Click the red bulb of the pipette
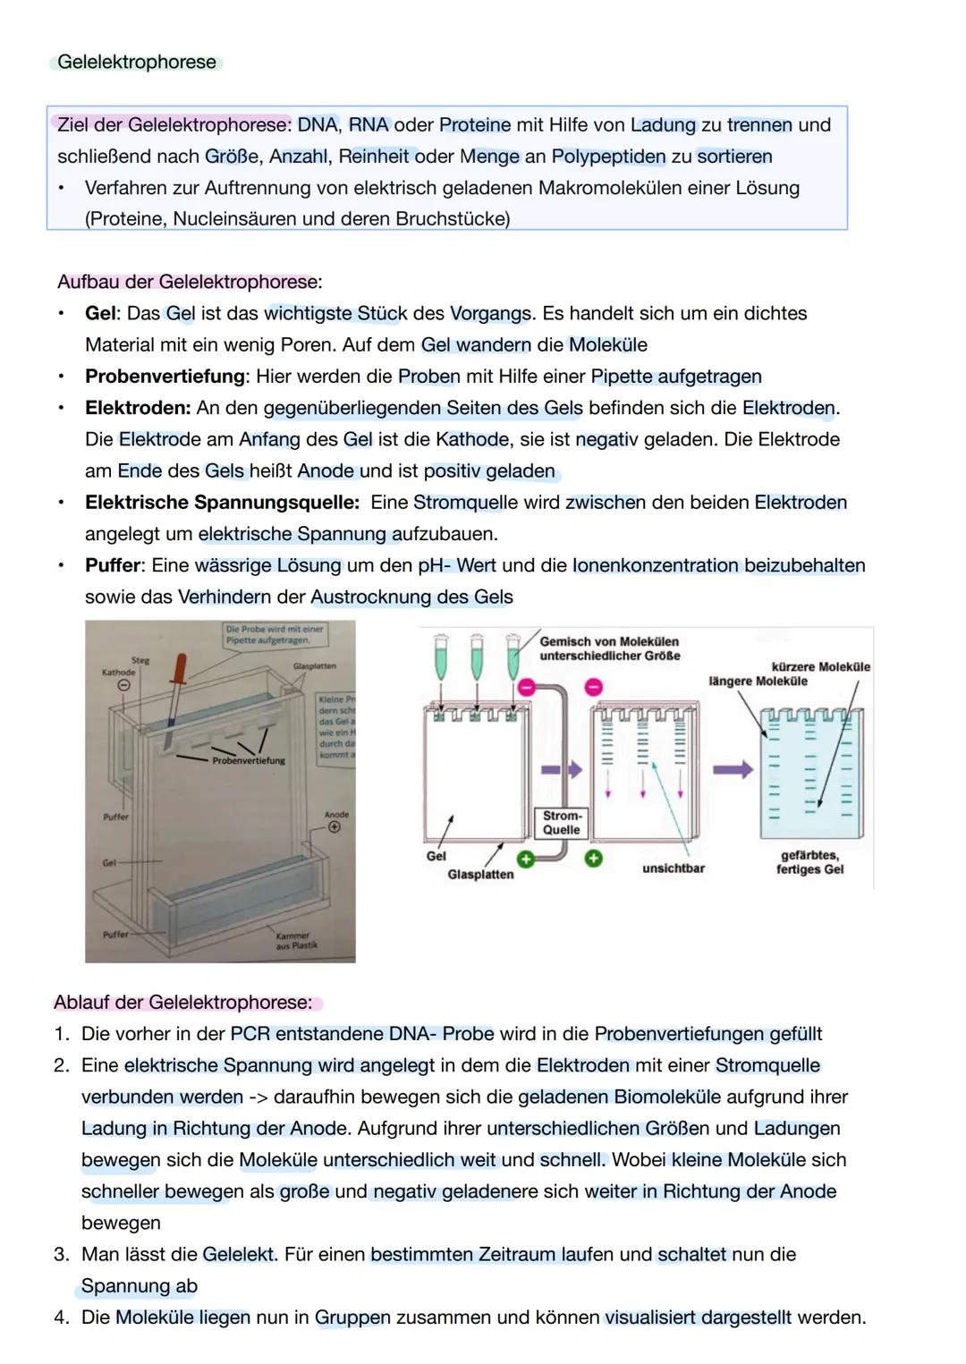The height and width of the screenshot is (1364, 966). click(x=182, y=667)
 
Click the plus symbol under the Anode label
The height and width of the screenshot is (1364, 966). click(x=335, y=827)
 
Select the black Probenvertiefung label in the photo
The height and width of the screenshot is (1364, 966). click(x=249, y=760)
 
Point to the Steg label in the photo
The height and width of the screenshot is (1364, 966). click(x=140, y=660)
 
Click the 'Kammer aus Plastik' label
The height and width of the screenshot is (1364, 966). click(x=296, y=940)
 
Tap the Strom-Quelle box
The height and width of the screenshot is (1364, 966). click(x=562, y=823)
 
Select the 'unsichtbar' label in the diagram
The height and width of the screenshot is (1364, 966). click(x=673, y=868)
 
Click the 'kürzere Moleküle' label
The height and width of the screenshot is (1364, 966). click(x=819, y=666)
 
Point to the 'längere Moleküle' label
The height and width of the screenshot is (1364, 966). click(x=758, y=681)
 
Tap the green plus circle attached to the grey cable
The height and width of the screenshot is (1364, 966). click(x=526, y=859)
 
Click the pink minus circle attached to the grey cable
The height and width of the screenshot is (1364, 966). click(x=526, y=686)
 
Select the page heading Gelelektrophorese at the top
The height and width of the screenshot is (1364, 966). click(x=136, y=62)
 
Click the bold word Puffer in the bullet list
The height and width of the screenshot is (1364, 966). click(x=113, y=565)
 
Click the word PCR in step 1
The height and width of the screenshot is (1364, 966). click(x=250, y=1034)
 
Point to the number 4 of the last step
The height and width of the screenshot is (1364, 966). click(x=61, y=1317)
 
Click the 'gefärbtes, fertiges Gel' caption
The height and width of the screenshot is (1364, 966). click(x=809, y=862)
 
